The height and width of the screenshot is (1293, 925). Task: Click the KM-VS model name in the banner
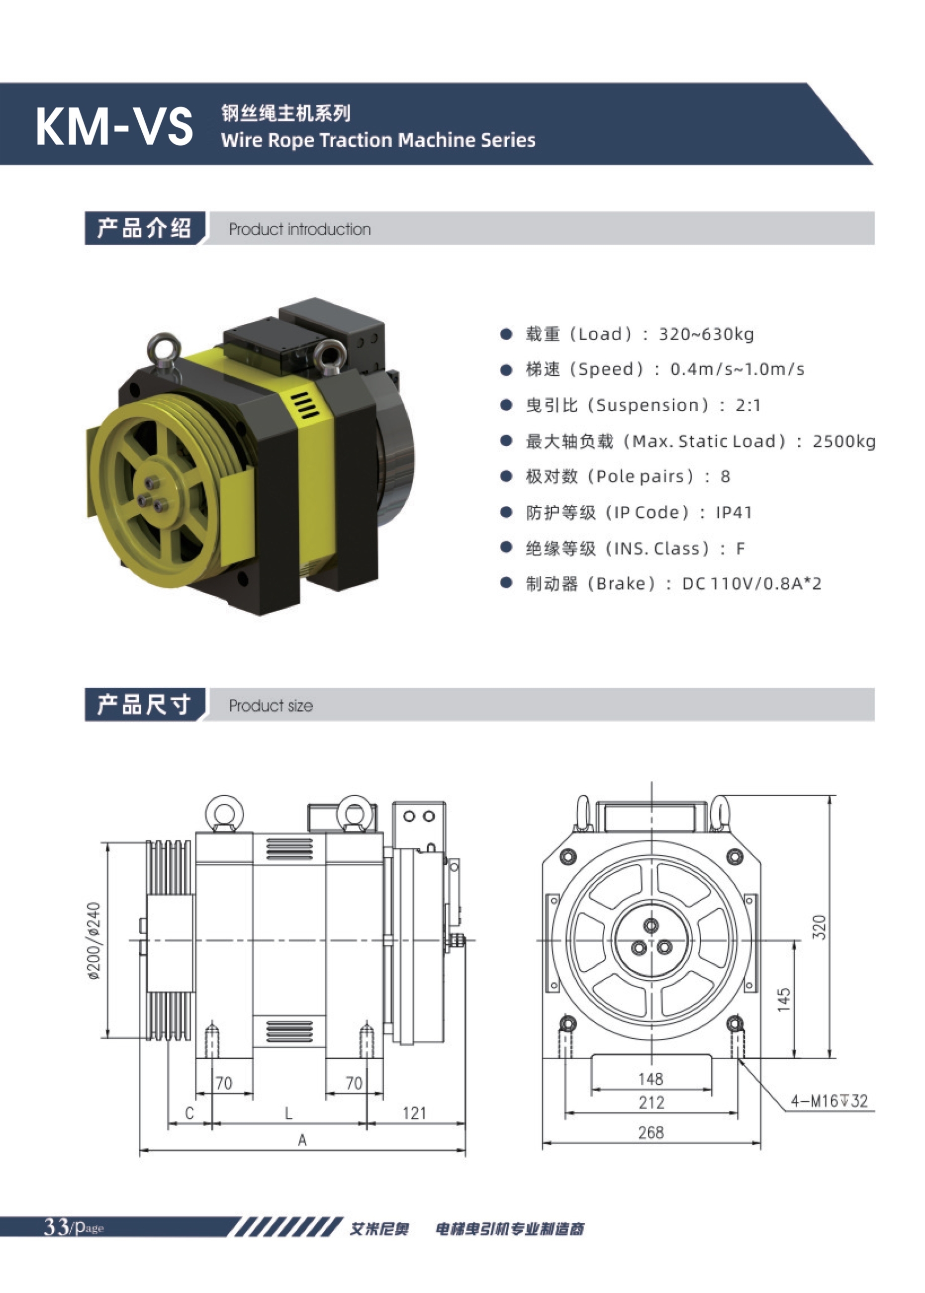click(x=114, y=126)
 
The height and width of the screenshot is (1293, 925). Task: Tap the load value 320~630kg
click(x=706, y=334)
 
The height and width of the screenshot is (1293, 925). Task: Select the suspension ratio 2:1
click(x=748, y=406)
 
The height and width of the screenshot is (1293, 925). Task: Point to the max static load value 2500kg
click(x=843, y=442)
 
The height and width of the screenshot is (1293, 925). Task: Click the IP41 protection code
click(x=734, y=513)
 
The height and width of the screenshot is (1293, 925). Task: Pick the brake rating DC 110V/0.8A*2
click(x=751, y=584)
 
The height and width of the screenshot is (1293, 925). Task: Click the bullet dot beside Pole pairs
click(x=506, y=477)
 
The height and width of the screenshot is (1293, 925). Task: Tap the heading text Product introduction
click(x=299, y=230)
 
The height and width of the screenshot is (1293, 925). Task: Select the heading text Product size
click(x=271, y=706)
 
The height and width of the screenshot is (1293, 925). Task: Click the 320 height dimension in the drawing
click(x=819, y=927)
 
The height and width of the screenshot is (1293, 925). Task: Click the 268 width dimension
click(x=650, y=1132)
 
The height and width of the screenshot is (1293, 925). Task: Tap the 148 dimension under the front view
click(x=650, y=1079)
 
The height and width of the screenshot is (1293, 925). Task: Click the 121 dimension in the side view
click(x=414, y=1113)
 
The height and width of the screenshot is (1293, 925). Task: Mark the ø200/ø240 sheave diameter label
click(x=94, y=940)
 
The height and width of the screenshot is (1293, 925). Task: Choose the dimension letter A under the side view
click(x=302, y=1140)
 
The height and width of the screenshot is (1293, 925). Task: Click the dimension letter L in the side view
click(x=289, y=1113)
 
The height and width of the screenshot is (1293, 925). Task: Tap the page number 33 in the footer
click(x=57, y=1226)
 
